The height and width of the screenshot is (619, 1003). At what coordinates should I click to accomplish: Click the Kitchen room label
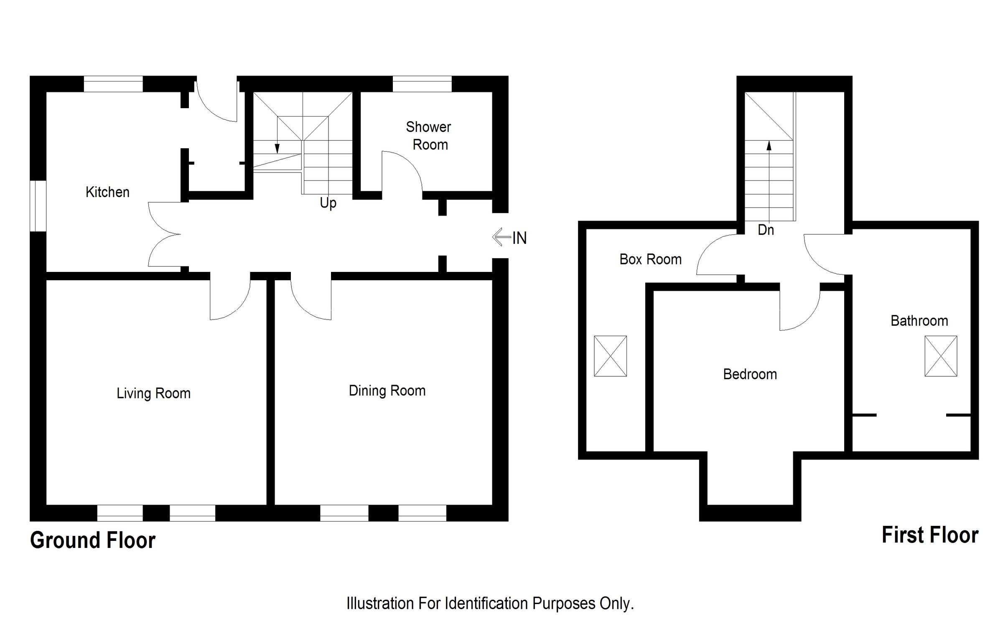(x=107, y=192)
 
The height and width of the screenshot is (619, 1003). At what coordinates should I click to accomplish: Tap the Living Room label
(x=153, y=393)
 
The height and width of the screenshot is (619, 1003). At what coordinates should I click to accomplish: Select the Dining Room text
(x=387, y=391)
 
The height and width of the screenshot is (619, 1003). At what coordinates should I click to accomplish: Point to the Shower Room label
(x=429, y=136)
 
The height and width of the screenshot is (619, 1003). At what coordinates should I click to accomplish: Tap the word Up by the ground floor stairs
(x=328, y=203)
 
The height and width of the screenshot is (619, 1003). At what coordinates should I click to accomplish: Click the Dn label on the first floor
(x=766, y=230)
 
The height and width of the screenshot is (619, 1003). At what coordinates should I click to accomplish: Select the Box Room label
(x=650, y=259)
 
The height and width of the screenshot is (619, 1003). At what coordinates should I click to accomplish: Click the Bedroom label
(x=750, y=374)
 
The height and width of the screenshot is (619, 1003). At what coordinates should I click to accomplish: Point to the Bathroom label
(x=919, y=321)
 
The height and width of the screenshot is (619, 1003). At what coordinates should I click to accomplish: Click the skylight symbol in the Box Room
(x=610, y=356)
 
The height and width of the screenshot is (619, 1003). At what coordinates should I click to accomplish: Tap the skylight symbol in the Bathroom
(x=941, y=356)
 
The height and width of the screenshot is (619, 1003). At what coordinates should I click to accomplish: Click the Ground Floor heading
(x=93, y=540)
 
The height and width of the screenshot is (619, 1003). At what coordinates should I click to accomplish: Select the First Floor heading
(x=930, y=535)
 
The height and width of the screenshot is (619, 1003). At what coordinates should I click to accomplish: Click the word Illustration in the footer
(x=379, y=604)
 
